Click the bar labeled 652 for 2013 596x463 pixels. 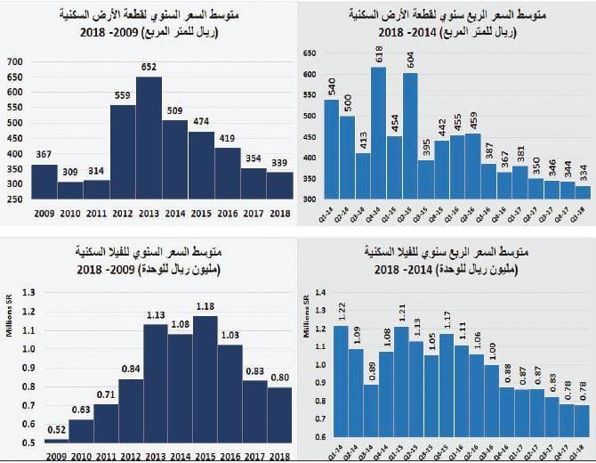pos(149,138)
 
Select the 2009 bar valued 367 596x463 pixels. pos(44,182)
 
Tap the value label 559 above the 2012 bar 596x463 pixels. pos(123,96)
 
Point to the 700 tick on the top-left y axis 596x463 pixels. pos(14,62)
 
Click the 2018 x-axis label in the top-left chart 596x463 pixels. pos(278,214)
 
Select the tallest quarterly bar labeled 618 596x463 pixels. pos(378,134)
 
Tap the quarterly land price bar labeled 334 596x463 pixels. pos(582,192)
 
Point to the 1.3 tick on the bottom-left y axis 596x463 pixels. pos(27,291)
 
